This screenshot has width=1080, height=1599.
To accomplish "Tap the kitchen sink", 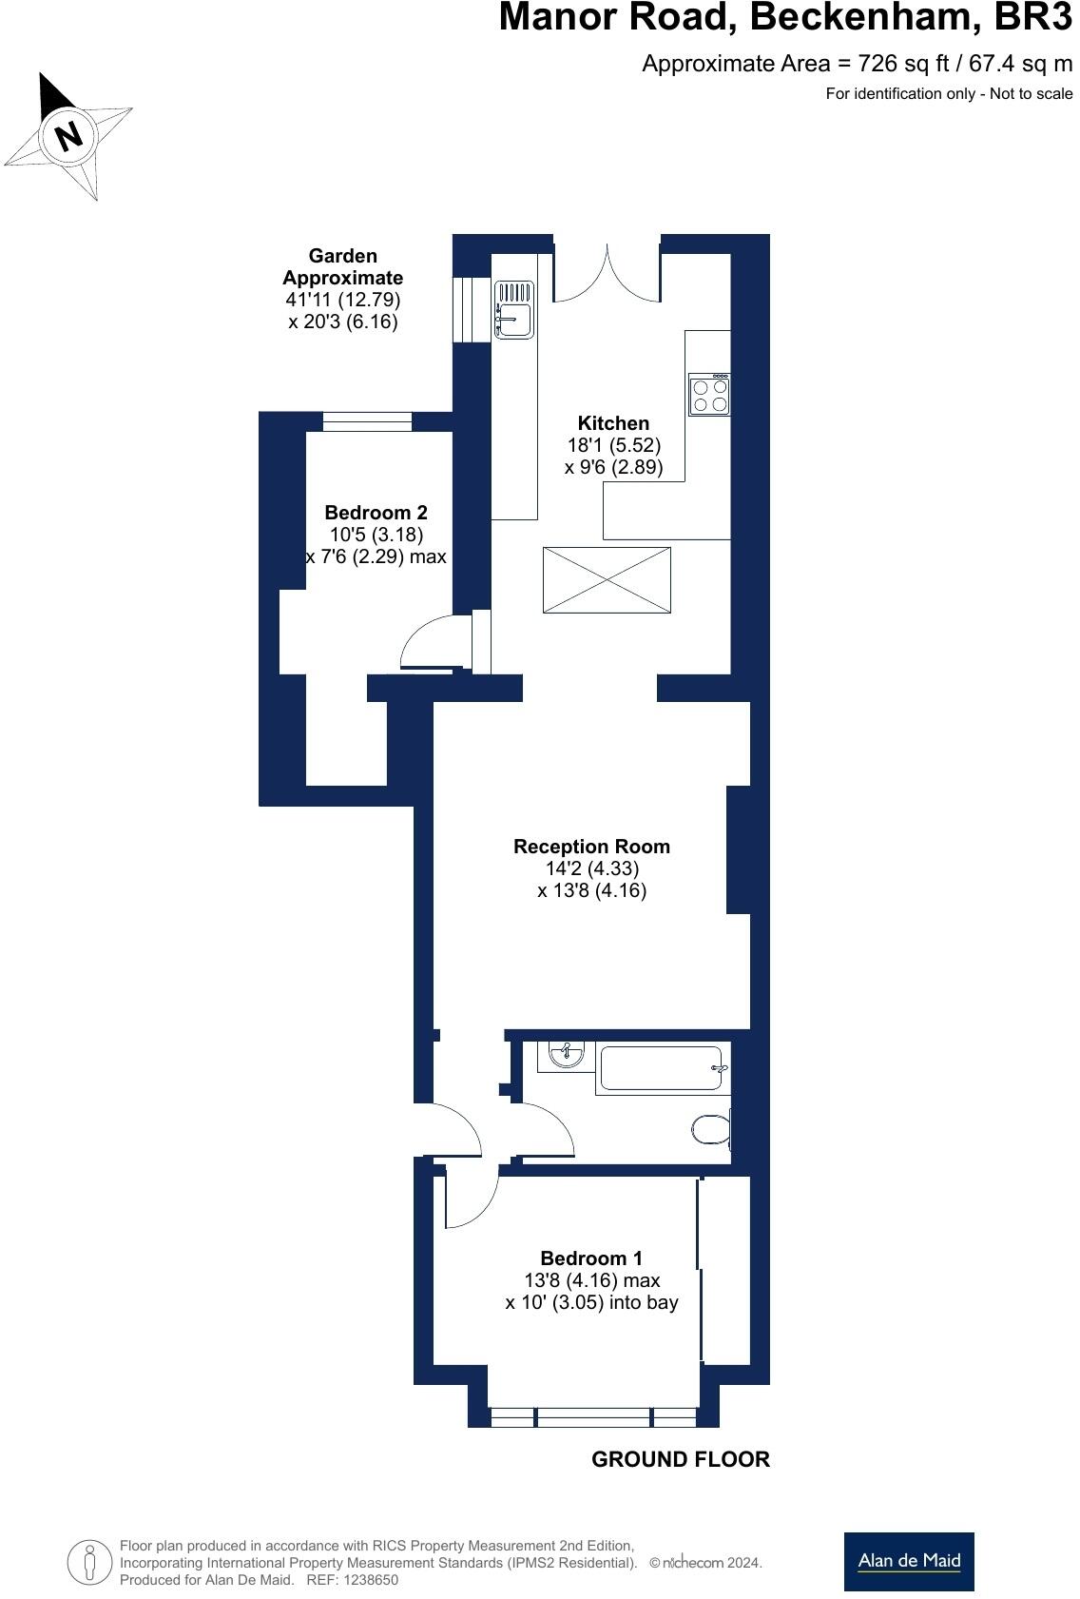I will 513,309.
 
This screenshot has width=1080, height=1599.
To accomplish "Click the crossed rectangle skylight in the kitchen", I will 607,579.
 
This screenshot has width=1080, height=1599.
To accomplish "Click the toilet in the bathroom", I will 711,1129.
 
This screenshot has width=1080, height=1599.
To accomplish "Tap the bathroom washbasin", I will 566,1054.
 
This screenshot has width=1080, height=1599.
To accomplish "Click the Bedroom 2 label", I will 376,512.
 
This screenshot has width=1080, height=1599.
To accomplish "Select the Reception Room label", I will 591,846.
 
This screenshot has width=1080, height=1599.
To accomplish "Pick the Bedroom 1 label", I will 591,1258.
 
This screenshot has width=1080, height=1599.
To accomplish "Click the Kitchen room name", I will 613,423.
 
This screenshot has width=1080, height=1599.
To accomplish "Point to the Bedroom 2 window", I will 367,421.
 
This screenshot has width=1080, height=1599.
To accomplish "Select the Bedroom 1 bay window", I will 593,1417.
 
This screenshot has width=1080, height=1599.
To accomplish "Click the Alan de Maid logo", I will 908,1561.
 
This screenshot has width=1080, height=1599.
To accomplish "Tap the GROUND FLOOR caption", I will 680,1459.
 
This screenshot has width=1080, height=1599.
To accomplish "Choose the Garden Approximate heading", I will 342,267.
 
